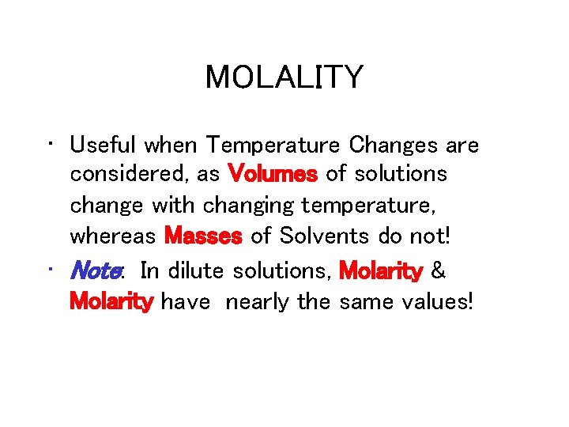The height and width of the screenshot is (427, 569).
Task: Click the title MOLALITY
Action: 284,77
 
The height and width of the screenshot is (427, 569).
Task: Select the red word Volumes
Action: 273,175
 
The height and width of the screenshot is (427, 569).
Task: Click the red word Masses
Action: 204,236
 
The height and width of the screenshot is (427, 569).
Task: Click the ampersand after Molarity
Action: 439,271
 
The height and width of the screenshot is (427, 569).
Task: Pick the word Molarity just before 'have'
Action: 111,301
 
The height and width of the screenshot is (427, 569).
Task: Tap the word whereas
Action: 114,236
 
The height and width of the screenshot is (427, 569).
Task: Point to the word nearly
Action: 258,301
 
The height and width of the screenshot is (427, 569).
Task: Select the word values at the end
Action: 434,301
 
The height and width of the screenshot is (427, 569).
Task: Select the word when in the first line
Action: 172,145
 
